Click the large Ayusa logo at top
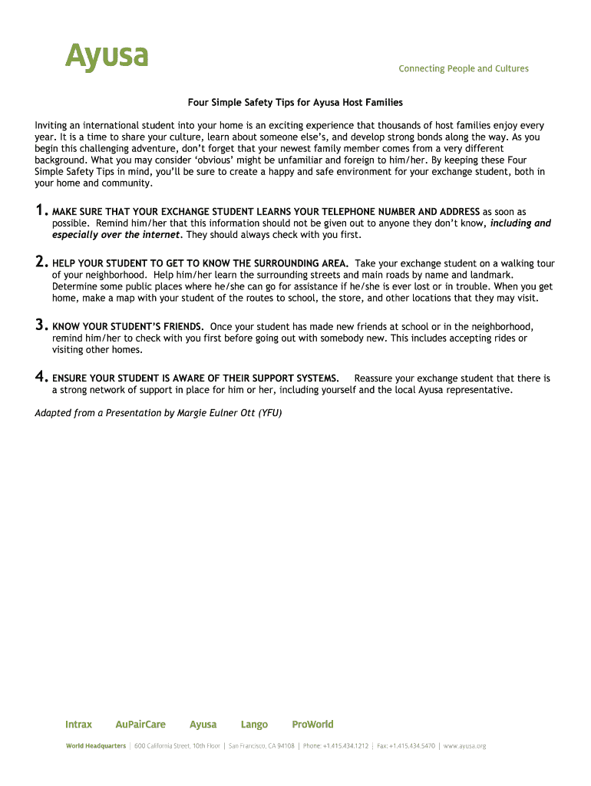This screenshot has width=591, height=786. click(106, 56)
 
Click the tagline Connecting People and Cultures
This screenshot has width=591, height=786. click(463, 69)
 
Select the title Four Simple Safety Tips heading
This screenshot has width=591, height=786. click(295, 102)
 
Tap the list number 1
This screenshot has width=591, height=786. click(41, 211)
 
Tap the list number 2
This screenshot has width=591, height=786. click(41, 263)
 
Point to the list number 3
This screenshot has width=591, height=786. click(41, 325)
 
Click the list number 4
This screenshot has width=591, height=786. click(41, 377)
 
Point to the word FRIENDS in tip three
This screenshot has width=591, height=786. click(181, 326)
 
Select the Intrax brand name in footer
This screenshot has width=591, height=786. click(78, 725)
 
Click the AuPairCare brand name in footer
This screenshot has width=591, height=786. click(140, 725)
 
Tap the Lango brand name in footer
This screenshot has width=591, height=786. click(254, 725)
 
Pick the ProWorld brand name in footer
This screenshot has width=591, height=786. click(312, 725)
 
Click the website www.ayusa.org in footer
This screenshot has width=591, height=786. click(464, 746)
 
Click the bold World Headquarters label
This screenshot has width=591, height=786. click(96, 746)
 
